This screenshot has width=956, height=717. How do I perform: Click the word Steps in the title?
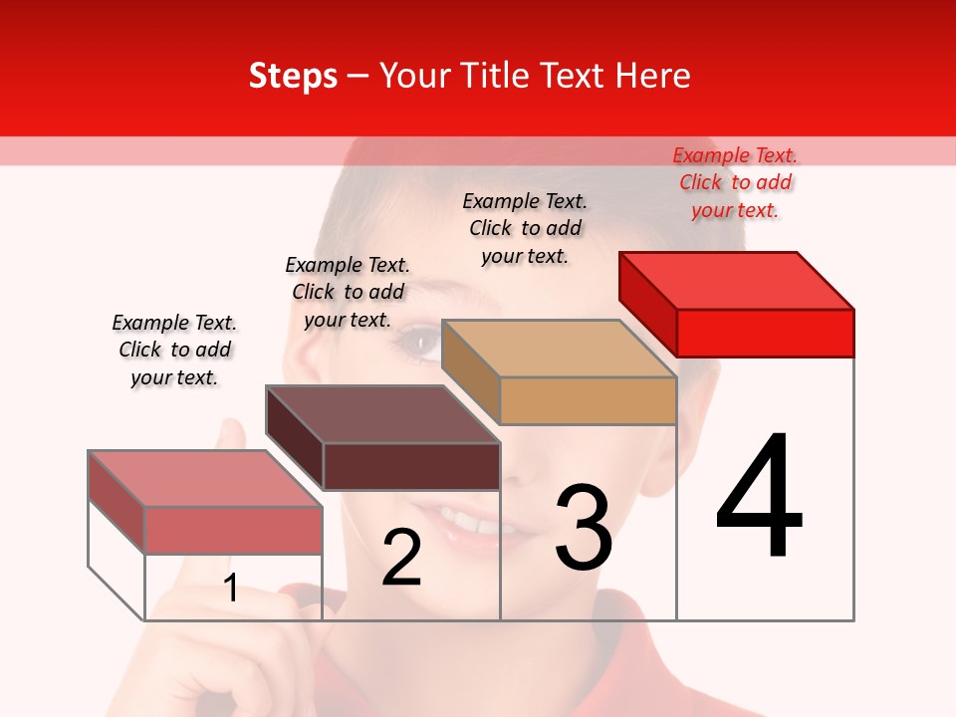point(293,76)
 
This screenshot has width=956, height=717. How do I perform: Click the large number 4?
point(759,498)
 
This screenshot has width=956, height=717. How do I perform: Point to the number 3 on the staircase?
point(584,528)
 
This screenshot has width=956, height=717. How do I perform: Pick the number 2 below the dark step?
point(401,558)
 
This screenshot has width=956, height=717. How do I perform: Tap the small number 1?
point(231,589)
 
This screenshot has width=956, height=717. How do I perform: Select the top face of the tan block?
point(559,348)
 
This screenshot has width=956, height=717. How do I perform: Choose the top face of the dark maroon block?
point(382,414)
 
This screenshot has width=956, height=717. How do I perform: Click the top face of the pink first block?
point(205,479)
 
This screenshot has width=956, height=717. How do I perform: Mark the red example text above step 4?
point(735,182)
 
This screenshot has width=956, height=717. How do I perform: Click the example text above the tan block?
point(525,228)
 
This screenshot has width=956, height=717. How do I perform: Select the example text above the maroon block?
point(348,292)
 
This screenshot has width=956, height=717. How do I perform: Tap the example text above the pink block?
point(174,350)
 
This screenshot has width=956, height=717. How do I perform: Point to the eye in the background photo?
point(418,345)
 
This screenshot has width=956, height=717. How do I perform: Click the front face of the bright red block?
point(765,333)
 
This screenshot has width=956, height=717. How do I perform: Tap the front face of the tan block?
point(588,401)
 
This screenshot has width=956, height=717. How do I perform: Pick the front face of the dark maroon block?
point(411,466)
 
